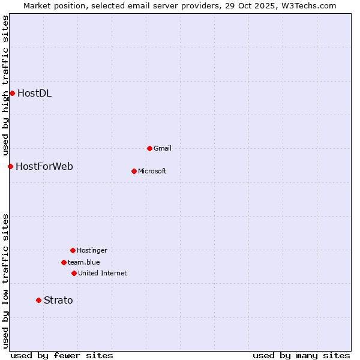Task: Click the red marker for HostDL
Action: [x=12, y=93]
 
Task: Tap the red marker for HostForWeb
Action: [x=10, y=166]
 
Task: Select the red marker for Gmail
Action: [x=149, y=148]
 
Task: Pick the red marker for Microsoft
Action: [x=134, y=171]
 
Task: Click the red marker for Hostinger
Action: [x=73, y=250]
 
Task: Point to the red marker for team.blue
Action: [x=64, y=262]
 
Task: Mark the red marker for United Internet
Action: [x=74, y=273]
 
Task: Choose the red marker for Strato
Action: [x=38, y=300]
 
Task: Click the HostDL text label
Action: [x=34, y=93]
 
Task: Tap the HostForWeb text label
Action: [x=44, y=166]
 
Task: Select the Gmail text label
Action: [x=163, y=148]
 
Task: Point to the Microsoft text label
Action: [x=152, y=171]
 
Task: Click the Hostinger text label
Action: [x=92, y=250]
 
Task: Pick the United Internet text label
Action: [x=103, y=273]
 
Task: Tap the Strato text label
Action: [x=58, y=300]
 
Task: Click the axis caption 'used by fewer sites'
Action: [x=62, y=355]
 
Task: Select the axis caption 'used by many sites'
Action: [x=301, y=355]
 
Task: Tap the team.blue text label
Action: [x=84, y=262]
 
